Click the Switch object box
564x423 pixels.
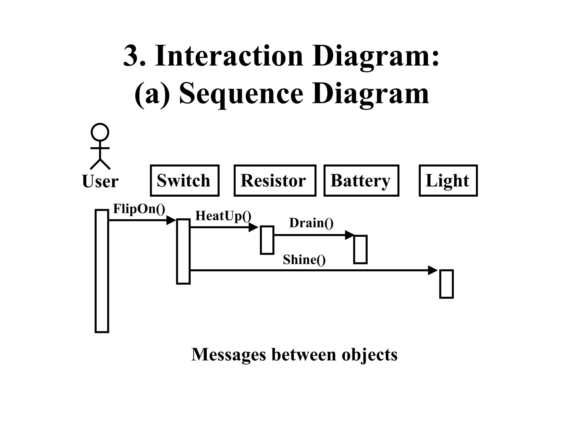pyautogui.click(x=185, y=181)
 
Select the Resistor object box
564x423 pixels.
pyautogui.click(x=275, y=181)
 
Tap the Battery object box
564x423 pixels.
pyautogui.click(x=361, y=181)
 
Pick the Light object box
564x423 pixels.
pyautogui.click(x=448, y=181)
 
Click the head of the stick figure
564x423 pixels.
pyautogui.click(x=100, y=132)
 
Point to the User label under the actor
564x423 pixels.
pyautogui.click(x=100, y=181)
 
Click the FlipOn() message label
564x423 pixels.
pyautogui.click(x=139, y=209)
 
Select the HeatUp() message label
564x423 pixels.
pyautogui.click(x=223, y=216)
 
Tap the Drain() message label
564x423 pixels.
pyautogui.click(x=311, y=223)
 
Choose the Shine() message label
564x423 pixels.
pyautogui.click(x=304, y=260)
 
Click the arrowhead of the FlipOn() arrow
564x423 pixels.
pyautogui.click(x=171, y=220)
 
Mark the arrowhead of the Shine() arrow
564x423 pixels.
pyautogui.click(x=433, y=270)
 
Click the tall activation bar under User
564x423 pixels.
pyautogui.click(x=102, y=271)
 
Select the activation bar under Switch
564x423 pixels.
pyautogui.click(x=183, y=251)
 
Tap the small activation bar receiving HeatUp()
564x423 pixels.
pyautogui.click(x=267, y=240)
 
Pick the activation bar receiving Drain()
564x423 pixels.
pyautogui.click(x=360, y=250)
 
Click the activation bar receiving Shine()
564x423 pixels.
pyautogui.click(x=446, y=284)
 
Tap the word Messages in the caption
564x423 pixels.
pyautogui.click(x=229, y=354)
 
